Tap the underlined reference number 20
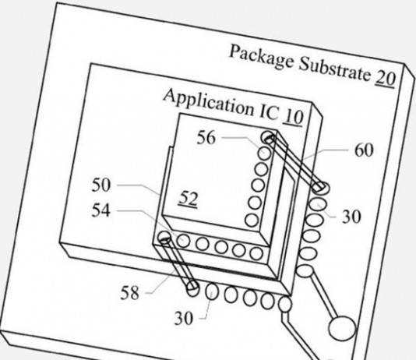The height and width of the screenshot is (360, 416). coord(385,79)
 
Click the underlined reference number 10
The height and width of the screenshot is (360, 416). coord(293,117)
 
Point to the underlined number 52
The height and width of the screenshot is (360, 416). coord(189,199)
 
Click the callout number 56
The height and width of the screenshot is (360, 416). coord(206,138)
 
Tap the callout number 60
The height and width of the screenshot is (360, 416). coord(364,150)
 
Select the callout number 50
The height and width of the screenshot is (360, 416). coord(100,185)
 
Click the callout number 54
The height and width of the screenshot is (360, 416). coord(100,210)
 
